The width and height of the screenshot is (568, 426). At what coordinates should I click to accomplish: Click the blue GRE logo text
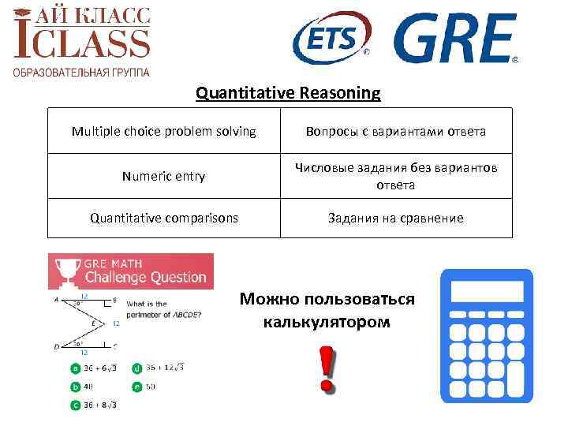(x=455, y=38)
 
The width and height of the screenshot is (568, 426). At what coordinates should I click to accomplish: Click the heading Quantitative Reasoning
(x=288, y=94)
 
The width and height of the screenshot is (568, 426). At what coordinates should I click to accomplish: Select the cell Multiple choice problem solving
(x=163, y=131)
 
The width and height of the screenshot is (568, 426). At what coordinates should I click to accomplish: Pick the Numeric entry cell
(x=163, y=176)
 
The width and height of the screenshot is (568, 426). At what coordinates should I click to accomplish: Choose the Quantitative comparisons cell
(x=163, y=218)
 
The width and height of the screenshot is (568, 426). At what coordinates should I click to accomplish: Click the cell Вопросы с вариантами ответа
(x=397, y=131)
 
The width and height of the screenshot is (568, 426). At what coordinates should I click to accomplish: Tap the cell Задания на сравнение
(x=397, y=218)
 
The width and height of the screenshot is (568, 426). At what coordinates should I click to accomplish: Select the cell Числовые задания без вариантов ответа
(x=397, y=176)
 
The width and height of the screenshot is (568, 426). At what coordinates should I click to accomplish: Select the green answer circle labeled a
(x=75, y=368)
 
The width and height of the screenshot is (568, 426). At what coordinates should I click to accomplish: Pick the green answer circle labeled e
(x=137, y=387)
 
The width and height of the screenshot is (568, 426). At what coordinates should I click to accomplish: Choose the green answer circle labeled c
(x=75, y=405)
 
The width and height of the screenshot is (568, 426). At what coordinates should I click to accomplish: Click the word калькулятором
(x=327, y=323)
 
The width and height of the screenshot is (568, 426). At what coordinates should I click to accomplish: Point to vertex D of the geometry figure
(x=56, y=346)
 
